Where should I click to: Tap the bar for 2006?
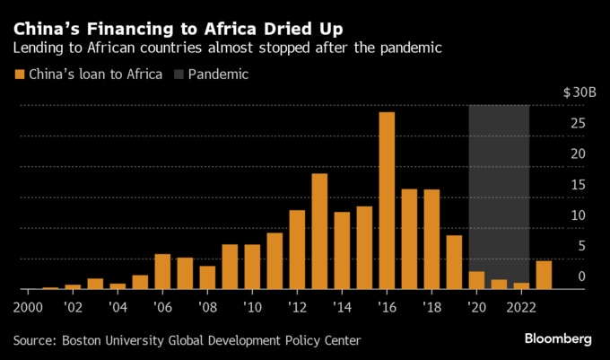click(162, 271)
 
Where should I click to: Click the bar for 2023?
click(544, 275)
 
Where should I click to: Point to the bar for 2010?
click(252, 267)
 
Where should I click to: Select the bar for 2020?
click(476, 280)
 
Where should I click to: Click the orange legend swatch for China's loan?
click(20, 75)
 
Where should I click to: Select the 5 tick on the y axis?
click(581, 246)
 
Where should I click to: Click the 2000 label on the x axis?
click(28, 307)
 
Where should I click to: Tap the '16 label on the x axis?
click(387, 307)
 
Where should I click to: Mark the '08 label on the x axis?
click(207, 307)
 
